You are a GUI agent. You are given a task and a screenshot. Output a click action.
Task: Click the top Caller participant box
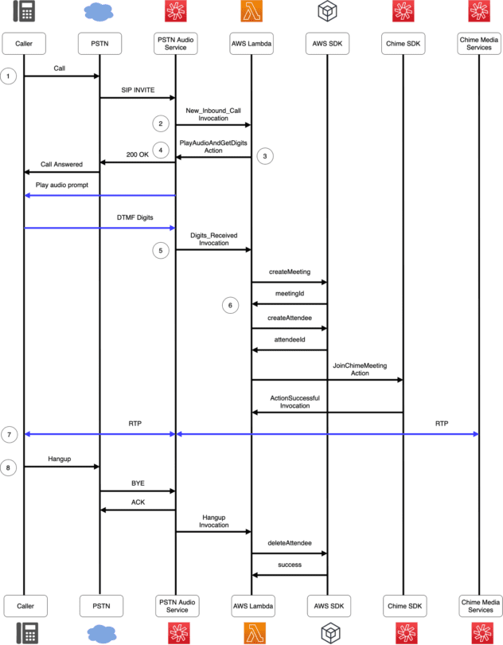point(24,44)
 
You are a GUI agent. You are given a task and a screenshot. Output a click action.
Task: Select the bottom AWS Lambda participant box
point(253,606)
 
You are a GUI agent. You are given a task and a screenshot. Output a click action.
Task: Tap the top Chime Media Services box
point(479,44)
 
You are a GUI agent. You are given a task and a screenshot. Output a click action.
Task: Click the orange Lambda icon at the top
point(251,10)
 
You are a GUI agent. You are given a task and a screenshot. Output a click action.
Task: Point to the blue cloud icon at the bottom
point(101,634)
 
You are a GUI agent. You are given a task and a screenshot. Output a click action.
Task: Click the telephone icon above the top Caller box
point(24,11)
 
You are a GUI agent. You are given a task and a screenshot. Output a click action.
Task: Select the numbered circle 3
point(265,156)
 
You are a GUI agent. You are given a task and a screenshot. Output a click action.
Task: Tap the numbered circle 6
point(230,305)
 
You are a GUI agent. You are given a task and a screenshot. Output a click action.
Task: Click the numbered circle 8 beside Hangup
point(8,467)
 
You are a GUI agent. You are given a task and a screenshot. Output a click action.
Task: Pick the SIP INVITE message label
point(138,90)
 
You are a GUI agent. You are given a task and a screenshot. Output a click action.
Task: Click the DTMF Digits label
point(135,217)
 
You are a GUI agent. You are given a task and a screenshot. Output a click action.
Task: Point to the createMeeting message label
point(290,272)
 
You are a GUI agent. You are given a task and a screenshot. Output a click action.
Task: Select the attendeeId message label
point(290,340)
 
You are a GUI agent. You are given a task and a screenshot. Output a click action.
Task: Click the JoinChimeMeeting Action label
point(360,369)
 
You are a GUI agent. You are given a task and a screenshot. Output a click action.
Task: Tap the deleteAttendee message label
point(290,543)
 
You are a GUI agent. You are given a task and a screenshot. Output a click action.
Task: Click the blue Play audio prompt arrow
point(100,195)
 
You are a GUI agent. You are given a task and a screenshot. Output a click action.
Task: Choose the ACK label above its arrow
point(138,502)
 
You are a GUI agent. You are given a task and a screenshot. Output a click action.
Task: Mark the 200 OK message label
point(138,154)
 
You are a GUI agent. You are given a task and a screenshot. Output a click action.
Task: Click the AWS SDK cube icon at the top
point(327,10)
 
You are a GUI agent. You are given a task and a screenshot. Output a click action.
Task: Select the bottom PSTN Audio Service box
point(177,606)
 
